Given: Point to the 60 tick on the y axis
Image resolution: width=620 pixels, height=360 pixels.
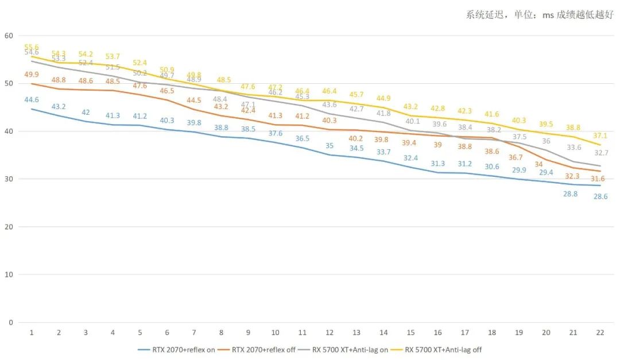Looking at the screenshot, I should pyautogui.click(x=9, y=36).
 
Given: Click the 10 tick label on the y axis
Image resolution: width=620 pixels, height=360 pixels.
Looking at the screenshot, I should pyautogui.click(x=9, y=274).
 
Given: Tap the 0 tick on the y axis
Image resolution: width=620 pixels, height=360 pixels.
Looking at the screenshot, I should pyautogui.click(x=11, y=322).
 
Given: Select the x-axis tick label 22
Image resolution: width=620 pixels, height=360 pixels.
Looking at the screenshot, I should pyautogui.click(x=600, y=332).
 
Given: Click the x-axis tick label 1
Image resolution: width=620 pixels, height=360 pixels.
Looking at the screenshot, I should pyautogui.click(x=32, y=332).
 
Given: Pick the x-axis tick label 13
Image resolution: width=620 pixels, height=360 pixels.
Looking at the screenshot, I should pyautogui.click(x=356, y=332).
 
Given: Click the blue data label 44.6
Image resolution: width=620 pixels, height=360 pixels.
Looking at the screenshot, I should pyautogui.click(x=32, y=100).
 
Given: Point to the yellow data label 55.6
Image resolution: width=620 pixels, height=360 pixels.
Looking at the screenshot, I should pyautogui.click(x=32, y=47).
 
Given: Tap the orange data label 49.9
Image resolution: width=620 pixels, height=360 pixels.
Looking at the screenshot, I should pyautogui.click(x=32, y=75).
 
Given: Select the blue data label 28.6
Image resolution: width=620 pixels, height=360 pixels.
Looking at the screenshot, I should pyautogui.click(x=600, y=196).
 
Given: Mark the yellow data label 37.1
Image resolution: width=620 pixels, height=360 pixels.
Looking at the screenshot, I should pyautogui.click(x=600, y=136).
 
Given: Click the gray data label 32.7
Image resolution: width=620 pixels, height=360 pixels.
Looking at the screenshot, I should pyautogui.click(x=600, y=153).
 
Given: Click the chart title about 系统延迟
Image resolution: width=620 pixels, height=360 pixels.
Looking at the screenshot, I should pyautogui.click(x=540, y=16).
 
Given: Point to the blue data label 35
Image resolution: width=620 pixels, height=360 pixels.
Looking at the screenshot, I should pyautogui.click(x=330, y=145).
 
